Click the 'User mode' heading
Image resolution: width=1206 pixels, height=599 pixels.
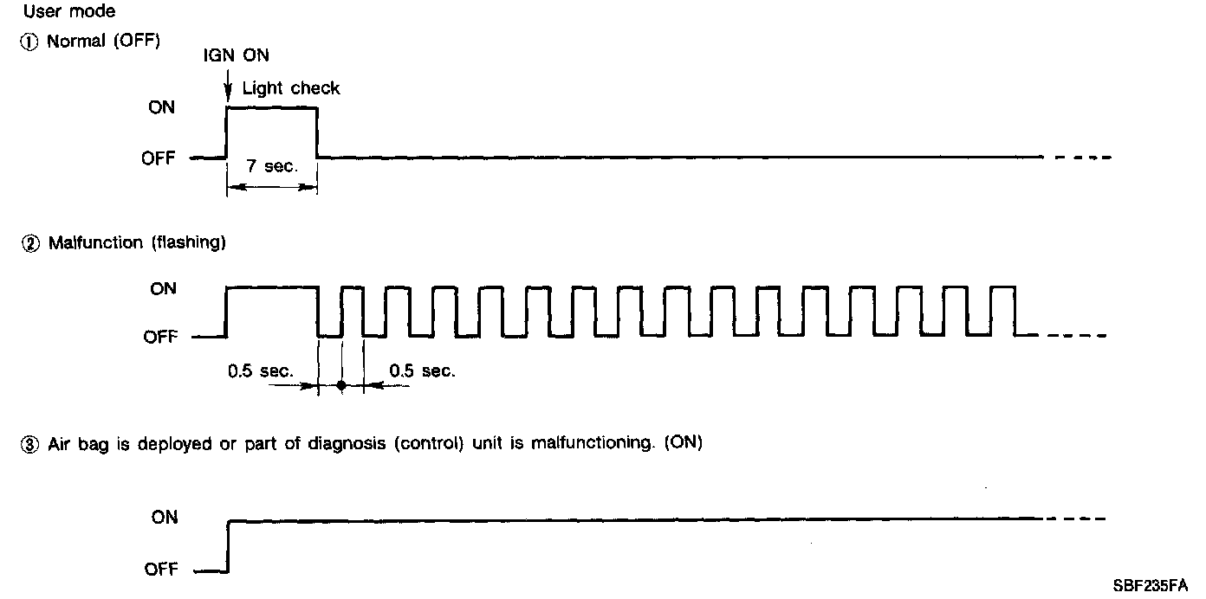pyautogui.click(x=68, y=13)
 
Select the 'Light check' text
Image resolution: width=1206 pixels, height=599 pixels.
pyautogui.click(x=291, y=88)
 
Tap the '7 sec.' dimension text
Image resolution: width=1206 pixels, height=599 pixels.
pyautogui.click(x=271, y=166)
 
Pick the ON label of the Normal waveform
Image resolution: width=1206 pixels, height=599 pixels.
pyautogui.click(x=162, y=107)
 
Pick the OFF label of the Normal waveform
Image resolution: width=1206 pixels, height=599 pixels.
pyautogui.click(x=159, y=158)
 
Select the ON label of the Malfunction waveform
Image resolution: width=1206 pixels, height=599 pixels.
pyautogui.click(x=162, y=288)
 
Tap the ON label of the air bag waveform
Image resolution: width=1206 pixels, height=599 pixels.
pyautogui.click(x=164, y=518)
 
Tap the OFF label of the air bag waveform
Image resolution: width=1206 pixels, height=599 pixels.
pyautogui.click(x=160, y=570)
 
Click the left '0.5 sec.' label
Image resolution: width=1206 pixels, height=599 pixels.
pyautogui.click(x=261, y=371)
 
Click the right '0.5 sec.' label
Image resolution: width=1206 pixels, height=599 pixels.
pyautogui.click(x=422, y=371)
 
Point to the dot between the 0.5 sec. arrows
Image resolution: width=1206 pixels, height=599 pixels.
pyautogui.click(x=341, y=385)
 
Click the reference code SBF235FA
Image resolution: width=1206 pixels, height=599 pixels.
pyautogui.click(x=1151, y=584)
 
